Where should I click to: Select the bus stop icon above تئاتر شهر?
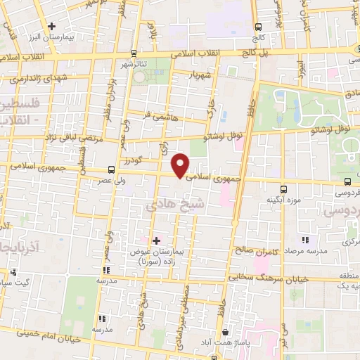pyautogui.click(x=134, y=53)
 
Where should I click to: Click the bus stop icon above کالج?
pyautogui.click(x=258, y=27)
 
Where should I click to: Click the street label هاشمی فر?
pyautogui.click(x=156, y=112)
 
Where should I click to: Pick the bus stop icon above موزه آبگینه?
pyautogui.click(x=283, y=189)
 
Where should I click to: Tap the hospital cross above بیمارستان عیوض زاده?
pyautogui.click(x=156, y=240)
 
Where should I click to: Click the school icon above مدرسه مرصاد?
pyautogui.click(x=304, y=240)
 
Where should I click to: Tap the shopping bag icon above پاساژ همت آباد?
pyautogui.click(x=224, y=333)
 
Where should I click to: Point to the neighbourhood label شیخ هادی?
pyautogui.click(x=167, y=206)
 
